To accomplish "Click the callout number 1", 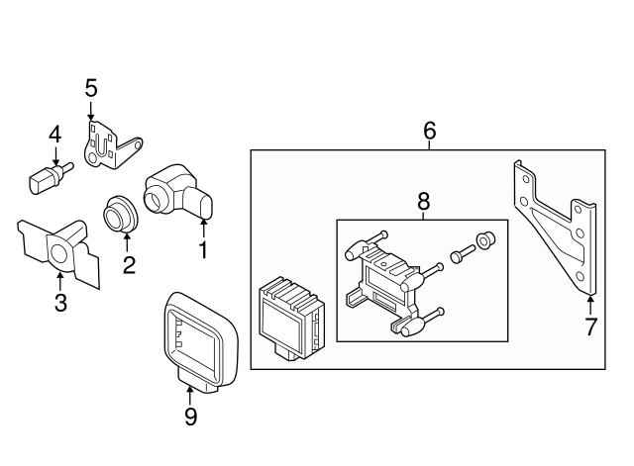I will pos(204,249).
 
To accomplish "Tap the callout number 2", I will pos(128,264).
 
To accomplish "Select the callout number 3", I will pos(60,303).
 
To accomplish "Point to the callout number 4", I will pos(54,134).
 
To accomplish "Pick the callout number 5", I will pos(91,88).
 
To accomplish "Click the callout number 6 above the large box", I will pos(429,130).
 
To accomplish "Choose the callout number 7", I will pos(590,326).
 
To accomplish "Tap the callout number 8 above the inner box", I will pos(423,200).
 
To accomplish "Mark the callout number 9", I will pos(190,417).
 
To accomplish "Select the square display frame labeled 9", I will pos(196,336).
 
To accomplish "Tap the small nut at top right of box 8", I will pos(484,240).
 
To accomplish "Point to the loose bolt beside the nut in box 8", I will pos(461,253).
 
